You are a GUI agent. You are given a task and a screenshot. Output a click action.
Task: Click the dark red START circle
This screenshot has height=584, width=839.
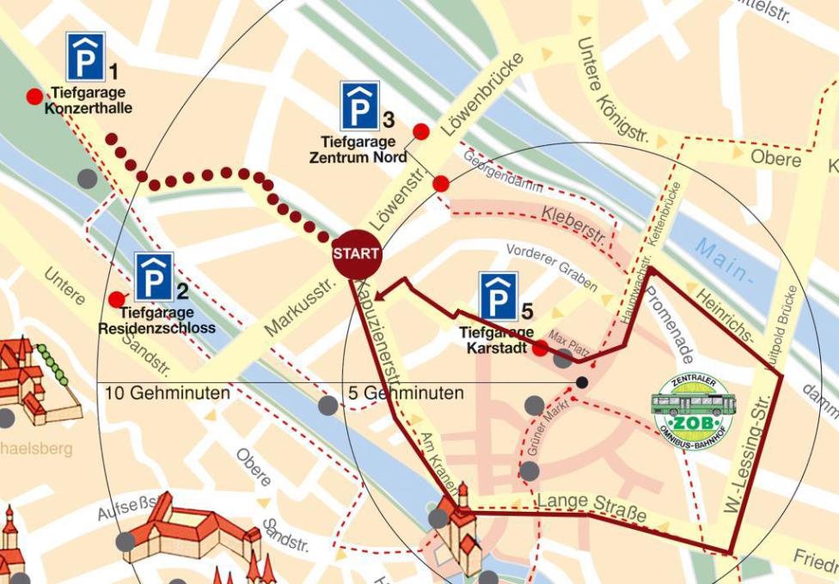(x=356, y=254)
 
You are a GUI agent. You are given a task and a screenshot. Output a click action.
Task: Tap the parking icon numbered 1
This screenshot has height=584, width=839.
(x=85, y=57)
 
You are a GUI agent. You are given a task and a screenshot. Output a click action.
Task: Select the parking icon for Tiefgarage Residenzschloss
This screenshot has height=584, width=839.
(x=154, y=277)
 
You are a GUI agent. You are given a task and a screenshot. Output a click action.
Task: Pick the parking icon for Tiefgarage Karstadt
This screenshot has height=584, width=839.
(x=499, y=297)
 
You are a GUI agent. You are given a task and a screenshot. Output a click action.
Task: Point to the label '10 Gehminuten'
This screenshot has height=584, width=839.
(x=168, y=393)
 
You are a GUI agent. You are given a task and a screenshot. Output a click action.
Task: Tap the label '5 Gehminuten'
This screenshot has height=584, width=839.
(x=406, y=393)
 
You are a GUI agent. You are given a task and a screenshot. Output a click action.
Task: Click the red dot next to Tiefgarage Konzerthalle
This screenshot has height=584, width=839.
(x=34, y=96)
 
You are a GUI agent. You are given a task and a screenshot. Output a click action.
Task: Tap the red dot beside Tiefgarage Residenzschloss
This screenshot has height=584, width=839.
(x=116, y=299)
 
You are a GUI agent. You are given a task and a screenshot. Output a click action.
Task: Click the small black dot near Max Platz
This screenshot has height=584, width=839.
(x=582, y=382)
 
